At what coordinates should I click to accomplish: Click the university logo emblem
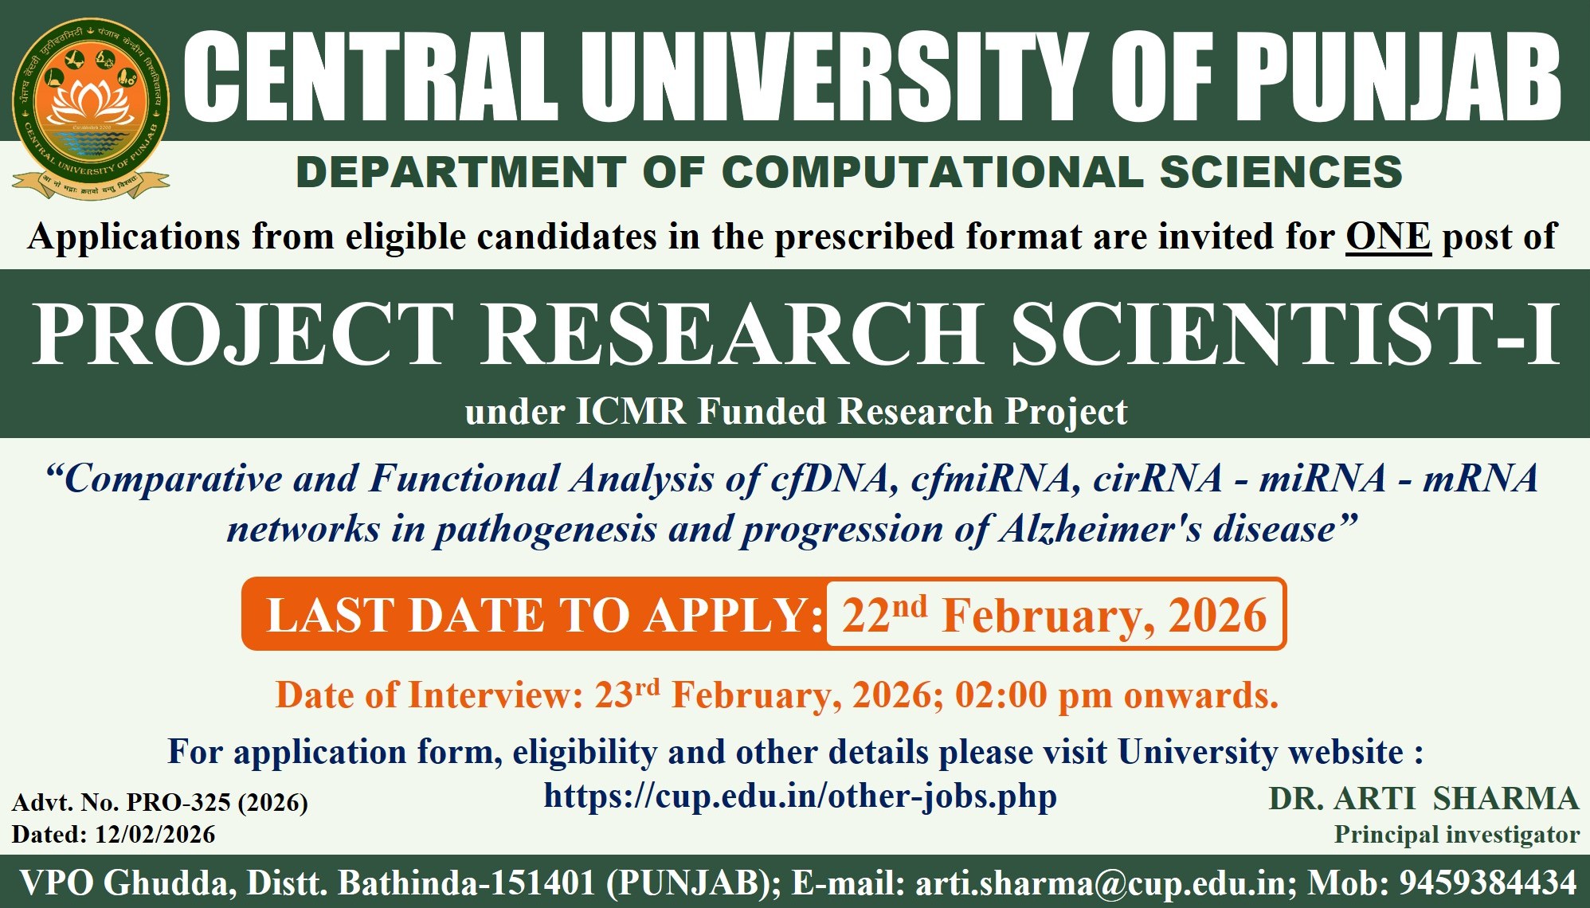coord(90,108)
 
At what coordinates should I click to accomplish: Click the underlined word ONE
coord(1388,237)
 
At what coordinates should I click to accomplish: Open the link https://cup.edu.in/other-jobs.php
coord(801,796)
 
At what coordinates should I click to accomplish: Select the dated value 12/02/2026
coord(155,835)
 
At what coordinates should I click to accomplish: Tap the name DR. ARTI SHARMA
coord(1424,799)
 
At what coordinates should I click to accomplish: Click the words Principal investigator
coord(1457,835)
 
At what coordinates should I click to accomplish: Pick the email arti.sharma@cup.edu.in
coord(1101,883)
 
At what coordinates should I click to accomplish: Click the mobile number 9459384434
coord(1488,883)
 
